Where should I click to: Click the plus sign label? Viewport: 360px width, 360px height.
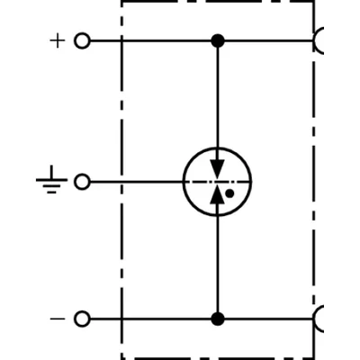click(x=58, y=40)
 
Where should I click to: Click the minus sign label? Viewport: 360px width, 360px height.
click(x=58, y=319)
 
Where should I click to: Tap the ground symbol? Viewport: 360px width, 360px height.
click(x=51, y=179)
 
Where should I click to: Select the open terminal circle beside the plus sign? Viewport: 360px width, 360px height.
click(x=82, y=40)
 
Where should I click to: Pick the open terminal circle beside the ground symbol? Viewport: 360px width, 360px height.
click(x=82, y=182)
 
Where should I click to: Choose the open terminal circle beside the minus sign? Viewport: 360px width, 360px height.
click(x=82, y=319)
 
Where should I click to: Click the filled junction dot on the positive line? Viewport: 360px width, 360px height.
click(x=218, y=40)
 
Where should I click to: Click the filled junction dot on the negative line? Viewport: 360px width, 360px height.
click(x=218, y=319)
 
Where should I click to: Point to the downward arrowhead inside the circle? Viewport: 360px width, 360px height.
click(x=218, y=169)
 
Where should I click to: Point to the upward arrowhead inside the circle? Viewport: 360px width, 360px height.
click(x=218, y=194)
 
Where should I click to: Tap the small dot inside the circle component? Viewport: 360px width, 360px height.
click(x=229, y=193)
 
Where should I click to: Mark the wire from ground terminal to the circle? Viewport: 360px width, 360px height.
click(x=137, y=182)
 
